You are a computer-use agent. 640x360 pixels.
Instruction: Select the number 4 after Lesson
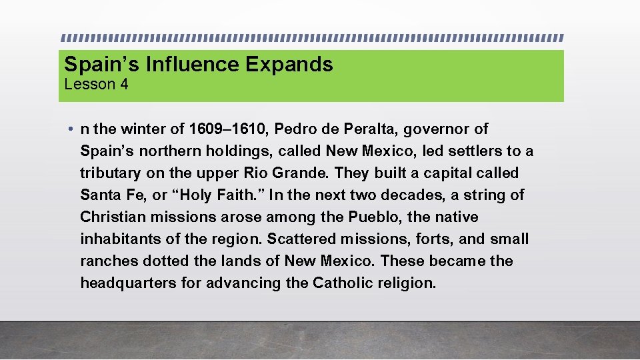click(124, 85)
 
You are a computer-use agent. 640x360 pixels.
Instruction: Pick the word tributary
click(110, 173)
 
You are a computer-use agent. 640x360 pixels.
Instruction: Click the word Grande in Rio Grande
click(304, 173)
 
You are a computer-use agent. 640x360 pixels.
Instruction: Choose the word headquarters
click(128, 283)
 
